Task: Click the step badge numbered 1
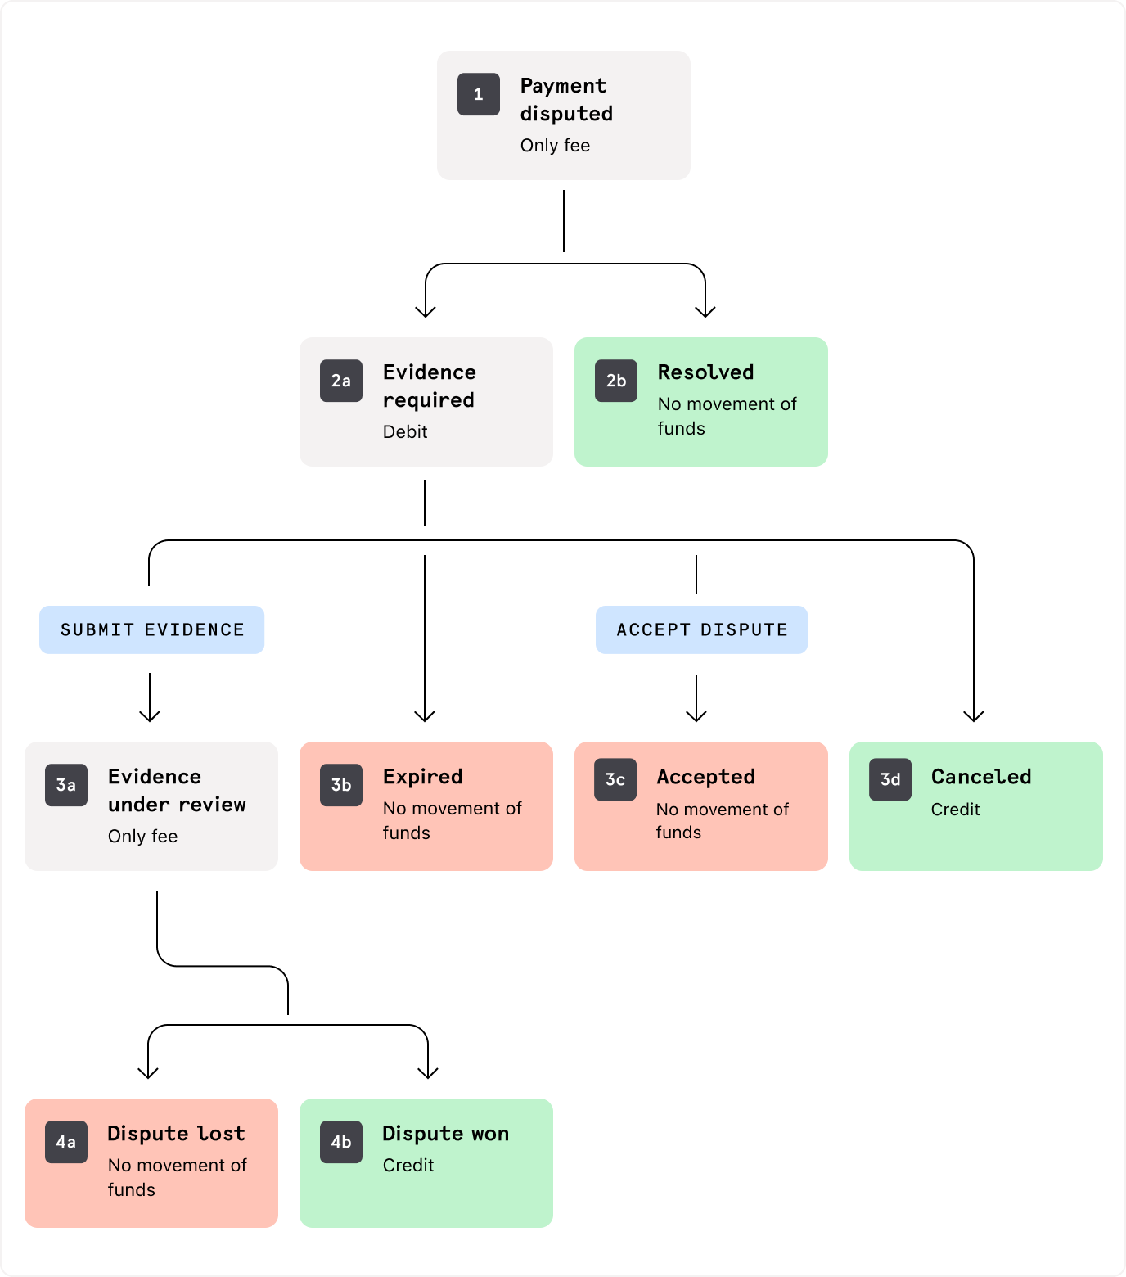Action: [x=479, y=94]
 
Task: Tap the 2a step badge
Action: [x=341, y=381]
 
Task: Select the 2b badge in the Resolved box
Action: [x=616, y=381]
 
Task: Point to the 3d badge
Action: [x=890, y=779]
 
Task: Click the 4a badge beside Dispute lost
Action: [x=66, y=1142]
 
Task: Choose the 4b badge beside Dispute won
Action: [x=341, y=1142]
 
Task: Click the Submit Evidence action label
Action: [x=152, y=629]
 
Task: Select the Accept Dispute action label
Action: [x=702, y=629]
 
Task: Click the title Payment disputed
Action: [x=566, y=100]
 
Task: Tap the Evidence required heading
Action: [x=430, y=386]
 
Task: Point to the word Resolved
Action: [x=705, y=372]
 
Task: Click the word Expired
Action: [x=423, y=777]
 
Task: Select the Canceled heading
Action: [x=981, y=777]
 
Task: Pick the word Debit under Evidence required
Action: [x=405, y=431]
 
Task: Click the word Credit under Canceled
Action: [x=955, y=810]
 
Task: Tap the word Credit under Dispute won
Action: [x=408, y=1165]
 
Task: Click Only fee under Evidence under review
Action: [x=143, y=836]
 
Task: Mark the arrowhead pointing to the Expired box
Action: [x=425, y=716]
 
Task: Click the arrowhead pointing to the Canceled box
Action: [x=974, y=716]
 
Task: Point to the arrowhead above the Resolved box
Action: [x=705, y=311]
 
